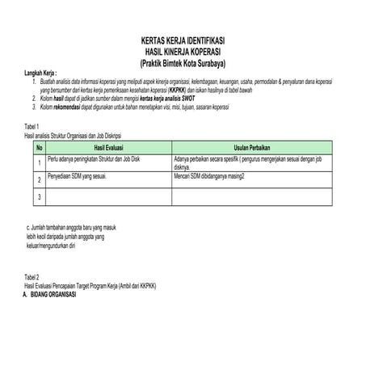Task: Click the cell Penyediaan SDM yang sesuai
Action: pos(78,175)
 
